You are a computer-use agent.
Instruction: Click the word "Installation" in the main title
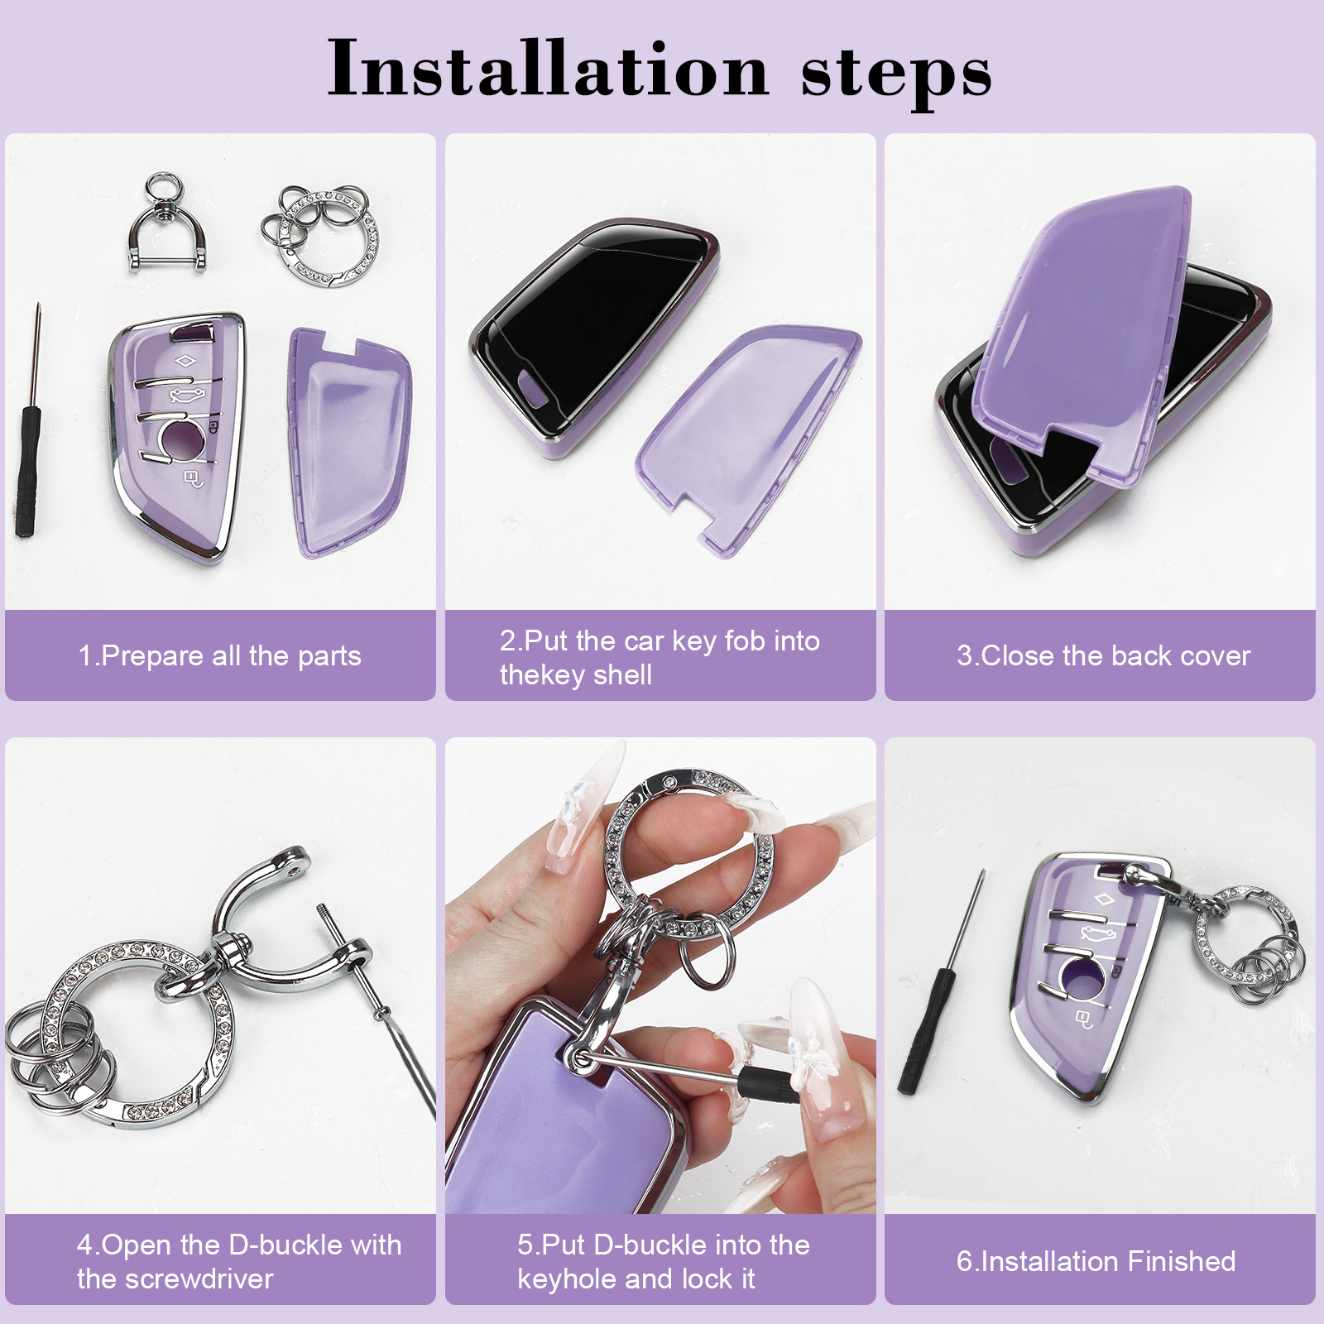point(549,69)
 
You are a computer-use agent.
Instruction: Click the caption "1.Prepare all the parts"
point(219,656)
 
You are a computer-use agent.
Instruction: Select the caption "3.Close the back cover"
point(1103,656)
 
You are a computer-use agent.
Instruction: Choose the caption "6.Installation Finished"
point(1096,1261)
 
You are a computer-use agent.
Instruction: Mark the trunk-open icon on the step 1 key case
point(187,395)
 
